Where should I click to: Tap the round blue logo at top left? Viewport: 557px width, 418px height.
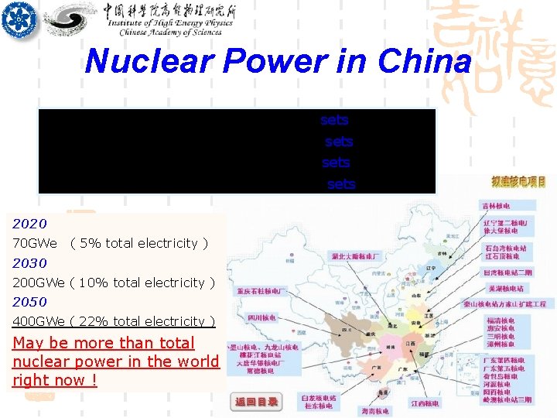[x=19, y=21]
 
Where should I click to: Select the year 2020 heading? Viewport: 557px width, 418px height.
[x=29, y=224]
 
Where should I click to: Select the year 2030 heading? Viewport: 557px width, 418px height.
[x=29, y=263]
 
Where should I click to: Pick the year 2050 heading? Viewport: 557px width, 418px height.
[x=29, y=302]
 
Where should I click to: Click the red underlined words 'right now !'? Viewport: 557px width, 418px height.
[x=55, y=380]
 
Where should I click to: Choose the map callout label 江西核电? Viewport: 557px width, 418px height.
[x=425, y=403]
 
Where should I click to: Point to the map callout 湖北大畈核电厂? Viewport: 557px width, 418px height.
[x=357, y=255]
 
